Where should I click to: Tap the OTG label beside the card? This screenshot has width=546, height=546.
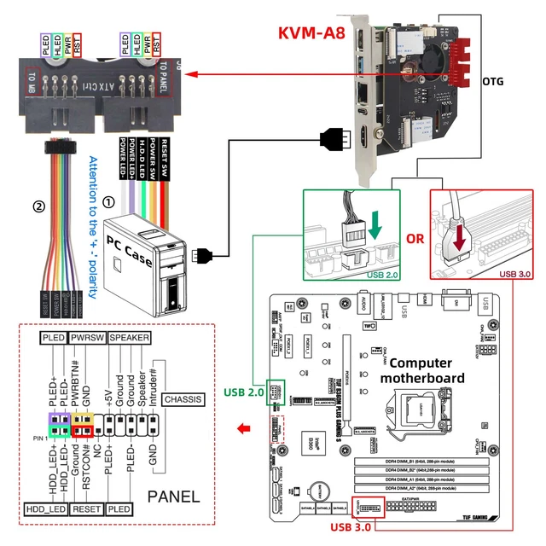click(x=493, y=82)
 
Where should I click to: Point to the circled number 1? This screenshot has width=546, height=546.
click(x=108, y=203)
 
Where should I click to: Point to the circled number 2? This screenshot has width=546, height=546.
click(x=38, y=206)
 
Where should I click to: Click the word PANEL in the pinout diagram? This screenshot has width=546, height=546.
click(x=174, y=497)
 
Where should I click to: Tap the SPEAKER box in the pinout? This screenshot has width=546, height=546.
click(x=129, y=338)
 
